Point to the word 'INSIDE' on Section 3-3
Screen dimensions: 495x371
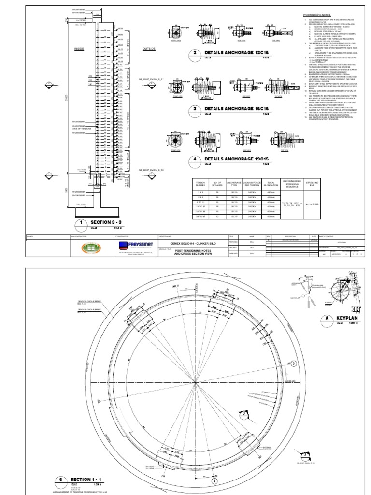pyautogui.click(x=79, y=49)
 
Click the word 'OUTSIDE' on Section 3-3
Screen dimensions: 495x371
pyautogui.click(x=149, y=49)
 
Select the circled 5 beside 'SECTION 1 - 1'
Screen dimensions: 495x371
pyautogui.click(x=61, y=480)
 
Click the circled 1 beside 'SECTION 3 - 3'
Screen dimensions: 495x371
pyautogui.click(x=82, y=222)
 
